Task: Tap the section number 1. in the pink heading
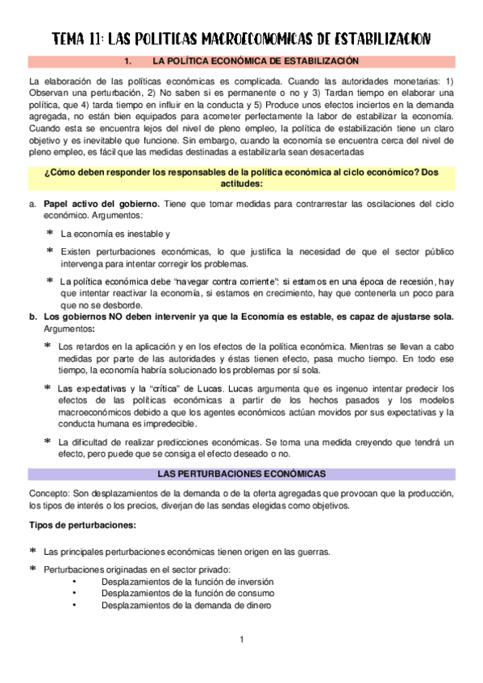point(128,61)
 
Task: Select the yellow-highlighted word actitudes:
point(241,183)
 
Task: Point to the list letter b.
point(32,317)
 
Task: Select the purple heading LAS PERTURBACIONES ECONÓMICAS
point(241,474)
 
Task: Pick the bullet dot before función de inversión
point(74,582)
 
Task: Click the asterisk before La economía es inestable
point(50,234)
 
